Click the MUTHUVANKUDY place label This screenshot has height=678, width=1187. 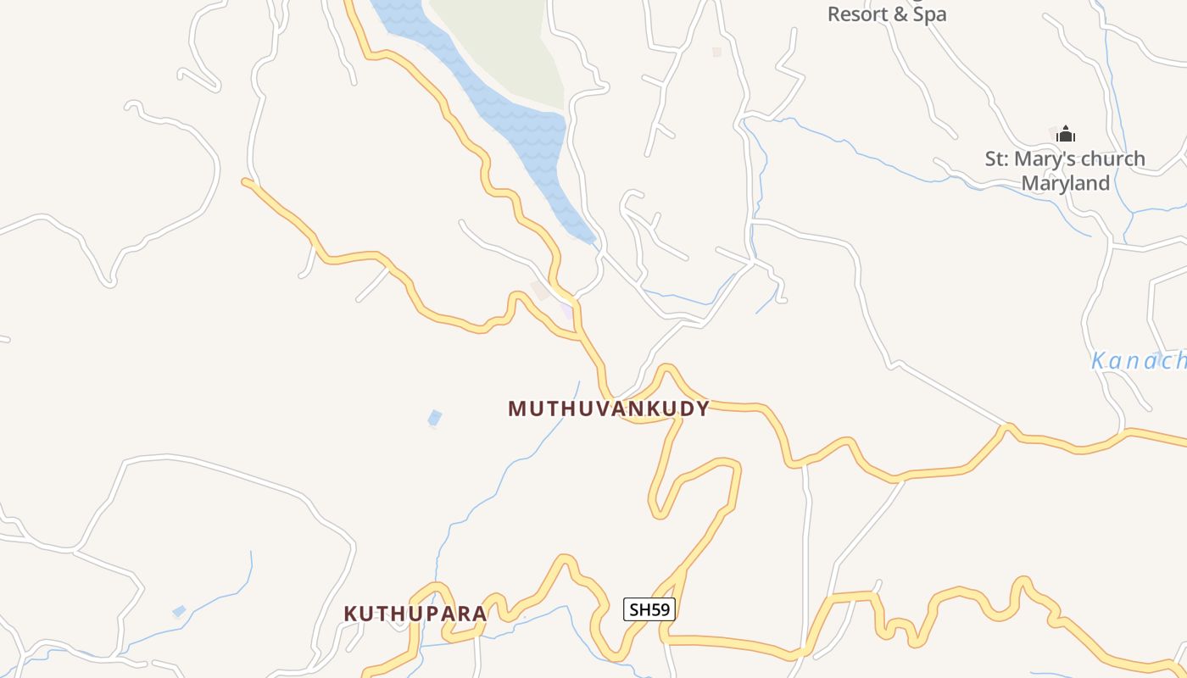608,408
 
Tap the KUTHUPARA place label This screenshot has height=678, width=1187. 415,614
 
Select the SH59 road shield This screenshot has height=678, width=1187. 649,609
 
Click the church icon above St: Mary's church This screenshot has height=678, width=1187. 1066,135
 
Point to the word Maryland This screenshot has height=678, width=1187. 1065,183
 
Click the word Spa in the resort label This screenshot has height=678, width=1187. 929,14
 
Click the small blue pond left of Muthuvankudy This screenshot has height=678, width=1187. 435,418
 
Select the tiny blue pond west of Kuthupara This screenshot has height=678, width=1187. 179,611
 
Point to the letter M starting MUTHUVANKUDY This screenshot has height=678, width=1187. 516,408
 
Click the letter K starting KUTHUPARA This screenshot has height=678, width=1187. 350,614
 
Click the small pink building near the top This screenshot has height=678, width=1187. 716,52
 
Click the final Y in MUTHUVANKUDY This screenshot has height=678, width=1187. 702,408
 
